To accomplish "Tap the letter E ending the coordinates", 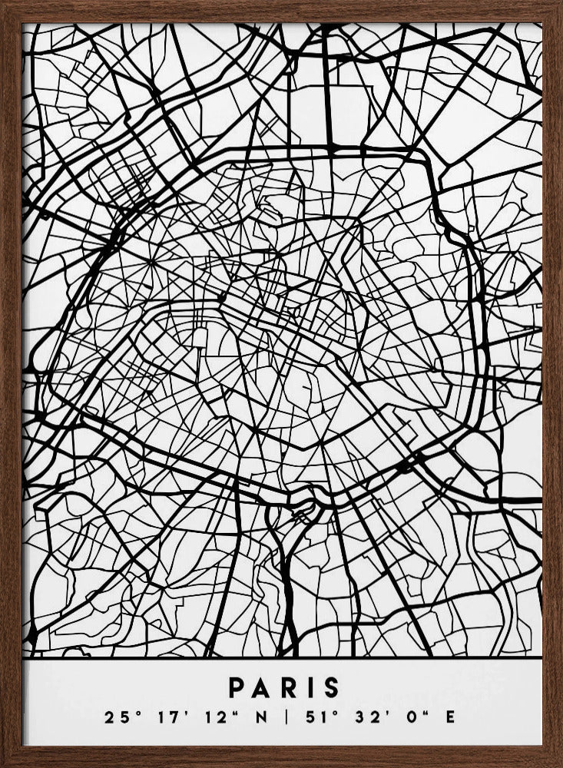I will pyautogui.click(x=450, y=718).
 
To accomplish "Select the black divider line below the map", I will pyautogui.click(x=281, y=658).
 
